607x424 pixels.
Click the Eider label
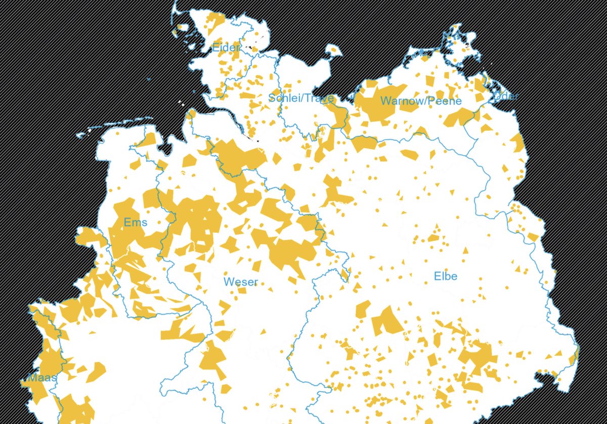pos(226,48)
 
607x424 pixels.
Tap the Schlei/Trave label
pos(300,98)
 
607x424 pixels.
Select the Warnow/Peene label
pos(421,101)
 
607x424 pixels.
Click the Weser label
pos(241,282)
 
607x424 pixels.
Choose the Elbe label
pos(446,276)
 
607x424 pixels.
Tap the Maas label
pos(41,378)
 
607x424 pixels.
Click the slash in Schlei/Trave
pos(301,98)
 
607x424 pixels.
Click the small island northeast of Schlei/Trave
pos(334,51)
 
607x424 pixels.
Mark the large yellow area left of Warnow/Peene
pos(372,101)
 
